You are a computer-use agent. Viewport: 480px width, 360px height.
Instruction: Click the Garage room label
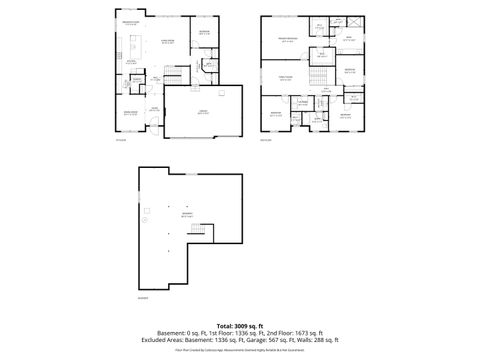pyautogui.click(x=203, y=112)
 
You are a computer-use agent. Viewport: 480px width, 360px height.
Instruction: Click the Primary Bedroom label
pyautogui.click(x=289, y=41)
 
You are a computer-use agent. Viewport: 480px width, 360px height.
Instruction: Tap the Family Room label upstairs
pyautogui.click(x=285, y=78)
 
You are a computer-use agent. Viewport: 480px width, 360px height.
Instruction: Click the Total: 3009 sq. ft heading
pyautogui.click(x=240, y=327)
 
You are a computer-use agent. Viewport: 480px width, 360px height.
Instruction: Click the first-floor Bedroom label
pyautogui.click(x=203, y=32)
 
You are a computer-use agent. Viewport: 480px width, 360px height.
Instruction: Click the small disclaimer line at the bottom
pyautogui.click(x=240, y=350)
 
